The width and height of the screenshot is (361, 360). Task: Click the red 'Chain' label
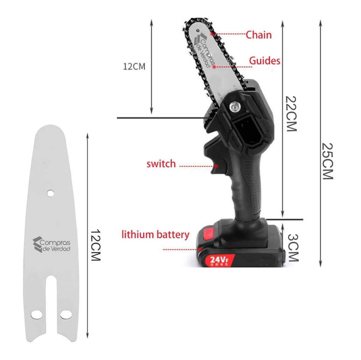point(258,35)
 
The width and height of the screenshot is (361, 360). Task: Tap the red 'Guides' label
point(264,61)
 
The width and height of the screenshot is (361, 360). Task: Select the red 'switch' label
point(161,164)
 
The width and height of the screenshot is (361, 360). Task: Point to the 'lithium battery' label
point(155,235)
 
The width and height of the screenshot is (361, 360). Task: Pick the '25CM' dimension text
point(328,161)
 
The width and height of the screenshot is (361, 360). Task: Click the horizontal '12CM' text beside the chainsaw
point(134,67)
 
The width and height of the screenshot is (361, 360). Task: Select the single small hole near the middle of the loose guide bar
point(50,193)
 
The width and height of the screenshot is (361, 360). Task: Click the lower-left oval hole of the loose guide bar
point(36,314)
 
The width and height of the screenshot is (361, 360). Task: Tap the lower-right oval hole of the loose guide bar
point(65,314)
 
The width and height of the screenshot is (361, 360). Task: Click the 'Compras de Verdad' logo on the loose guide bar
point(52,245)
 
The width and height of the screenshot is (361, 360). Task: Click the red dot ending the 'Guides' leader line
point(214,66)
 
